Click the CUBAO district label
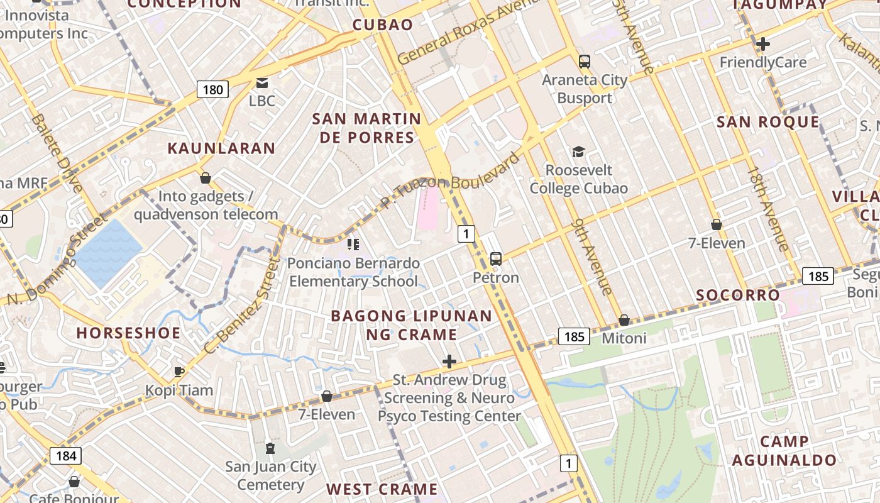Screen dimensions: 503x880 382,25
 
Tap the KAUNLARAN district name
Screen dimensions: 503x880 221,148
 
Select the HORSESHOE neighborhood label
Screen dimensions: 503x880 128,333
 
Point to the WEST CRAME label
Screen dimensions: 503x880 382,489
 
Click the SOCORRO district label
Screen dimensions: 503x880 738,295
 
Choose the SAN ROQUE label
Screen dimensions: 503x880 768,122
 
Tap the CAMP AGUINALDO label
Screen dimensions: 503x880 784,451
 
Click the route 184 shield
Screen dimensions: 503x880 65,455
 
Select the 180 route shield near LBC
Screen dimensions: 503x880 212,89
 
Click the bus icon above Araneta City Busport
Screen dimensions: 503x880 585,62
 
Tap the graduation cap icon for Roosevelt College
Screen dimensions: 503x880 578,152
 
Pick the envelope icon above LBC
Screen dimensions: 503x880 261,82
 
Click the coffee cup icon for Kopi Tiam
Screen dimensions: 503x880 179,372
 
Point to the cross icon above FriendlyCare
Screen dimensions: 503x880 762,44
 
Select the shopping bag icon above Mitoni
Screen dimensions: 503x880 624,320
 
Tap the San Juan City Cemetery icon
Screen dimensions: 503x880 270,448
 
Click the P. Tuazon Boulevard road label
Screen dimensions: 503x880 450,180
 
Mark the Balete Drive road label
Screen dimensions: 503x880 57,153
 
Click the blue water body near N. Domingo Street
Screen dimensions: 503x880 107,251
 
